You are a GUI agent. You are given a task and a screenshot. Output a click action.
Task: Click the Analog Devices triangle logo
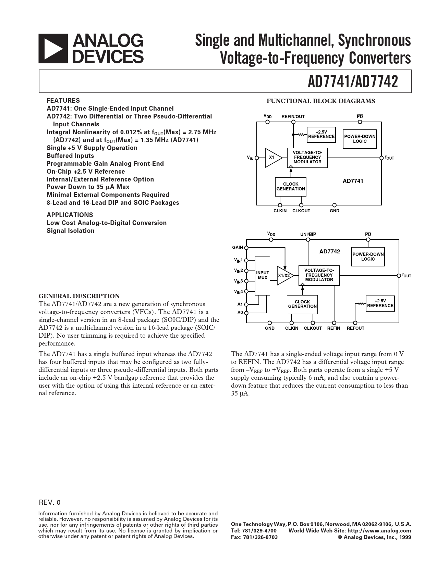pyautogui.click(x=53, y=48)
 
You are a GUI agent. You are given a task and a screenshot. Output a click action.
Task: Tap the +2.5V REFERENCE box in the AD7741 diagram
pyautogui.click(x=321, y=134)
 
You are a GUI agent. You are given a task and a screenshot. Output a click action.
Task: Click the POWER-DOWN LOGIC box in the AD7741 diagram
pyautogui.click(x=360, y=139)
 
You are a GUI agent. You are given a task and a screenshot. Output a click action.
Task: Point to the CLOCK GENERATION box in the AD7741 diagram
pyautogui.click(x=291, y=187)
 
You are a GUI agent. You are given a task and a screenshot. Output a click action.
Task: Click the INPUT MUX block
pyautogui.click(x=263, y=275)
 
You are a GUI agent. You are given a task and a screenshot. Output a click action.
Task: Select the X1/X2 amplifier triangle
pyautogui.click(x=284, y=276)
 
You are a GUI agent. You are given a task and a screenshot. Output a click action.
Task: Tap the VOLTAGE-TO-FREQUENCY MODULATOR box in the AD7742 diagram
pyautogui.click(x=319, y=275)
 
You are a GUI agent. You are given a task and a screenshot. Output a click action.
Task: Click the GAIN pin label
pyautogui.click(x=237, y=248)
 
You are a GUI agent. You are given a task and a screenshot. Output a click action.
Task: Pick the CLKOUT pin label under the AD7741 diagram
pyautogui.click(x=301, y=211)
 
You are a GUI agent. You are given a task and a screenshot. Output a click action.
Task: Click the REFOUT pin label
pyautogui.click(x=355, y=328)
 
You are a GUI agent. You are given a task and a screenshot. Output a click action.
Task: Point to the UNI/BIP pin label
pyautogui.click(x=308, y=234)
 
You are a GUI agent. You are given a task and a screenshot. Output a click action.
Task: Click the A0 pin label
pyautogui.click(x=240, y=313)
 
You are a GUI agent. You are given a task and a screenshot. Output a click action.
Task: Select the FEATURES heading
pyautogui.click(x=63, y=101)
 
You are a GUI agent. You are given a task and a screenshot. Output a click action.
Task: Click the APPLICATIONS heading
pyautogui.click(x=70, y=215)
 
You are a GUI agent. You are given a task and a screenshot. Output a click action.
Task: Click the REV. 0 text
pyautogui.click(x=50, y=503)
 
